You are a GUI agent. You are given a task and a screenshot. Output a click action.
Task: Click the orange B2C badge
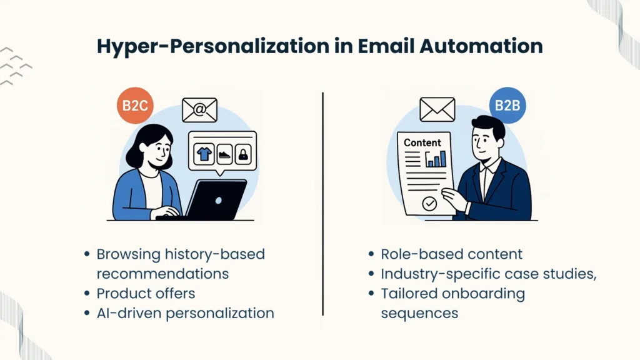click(x=134, y=105)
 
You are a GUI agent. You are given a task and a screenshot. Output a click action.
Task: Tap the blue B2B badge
click(x=507, y=105)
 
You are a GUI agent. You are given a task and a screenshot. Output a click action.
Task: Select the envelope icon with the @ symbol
click(x=199, y=110)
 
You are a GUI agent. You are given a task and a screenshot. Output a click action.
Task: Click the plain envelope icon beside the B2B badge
click(x=437, y=109)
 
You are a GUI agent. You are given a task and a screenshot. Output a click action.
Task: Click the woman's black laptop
click(x=214, y=199)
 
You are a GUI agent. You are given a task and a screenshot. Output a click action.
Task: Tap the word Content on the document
click(x=422, y=142)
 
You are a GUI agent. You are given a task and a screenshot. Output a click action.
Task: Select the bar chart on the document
click(x=436, y=159)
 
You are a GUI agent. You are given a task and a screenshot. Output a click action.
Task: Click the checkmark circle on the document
click(x=429, y=203)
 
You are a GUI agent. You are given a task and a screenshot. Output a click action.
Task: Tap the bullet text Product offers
click(x=146, y=293)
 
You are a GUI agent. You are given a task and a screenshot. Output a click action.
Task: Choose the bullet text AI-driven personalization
click(x=185, y=313)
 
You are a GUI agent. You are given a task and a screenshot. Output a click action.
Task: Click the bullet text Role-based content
click(x=452, y=254)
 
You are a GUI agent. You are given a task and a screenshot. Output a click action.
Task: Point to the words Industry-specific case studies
click(x=489, y=274)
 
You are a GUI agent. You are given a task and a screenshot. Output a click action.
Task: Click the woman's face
click(x=152, y=152)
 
